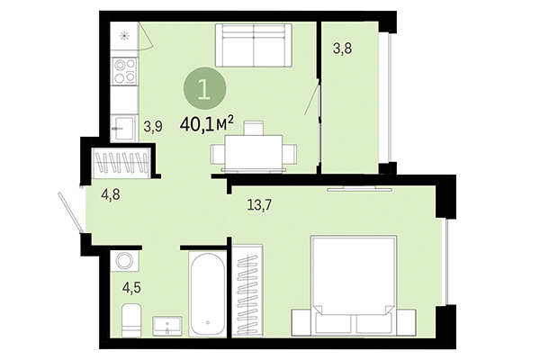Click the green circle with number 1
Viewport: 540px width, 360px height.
click(x=205, y=90)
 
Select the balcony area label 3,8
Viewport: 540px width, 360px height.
click(x=342, y=49)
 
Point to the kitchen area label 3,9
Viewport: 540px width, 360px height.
click(x=153, y=126)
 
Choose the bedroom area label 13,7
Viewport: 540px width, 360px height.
click(x=259, y=205)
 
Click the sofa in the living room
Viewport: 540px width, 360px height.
click(x=253, y=46)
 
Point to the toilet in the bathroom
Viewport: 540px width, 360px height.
click(x=130, y=319)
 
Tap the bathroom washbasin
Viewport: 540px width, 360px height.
click(x=167, y=324)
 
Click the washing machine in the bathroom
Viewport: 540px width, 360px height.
click(x=124, y=262)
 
